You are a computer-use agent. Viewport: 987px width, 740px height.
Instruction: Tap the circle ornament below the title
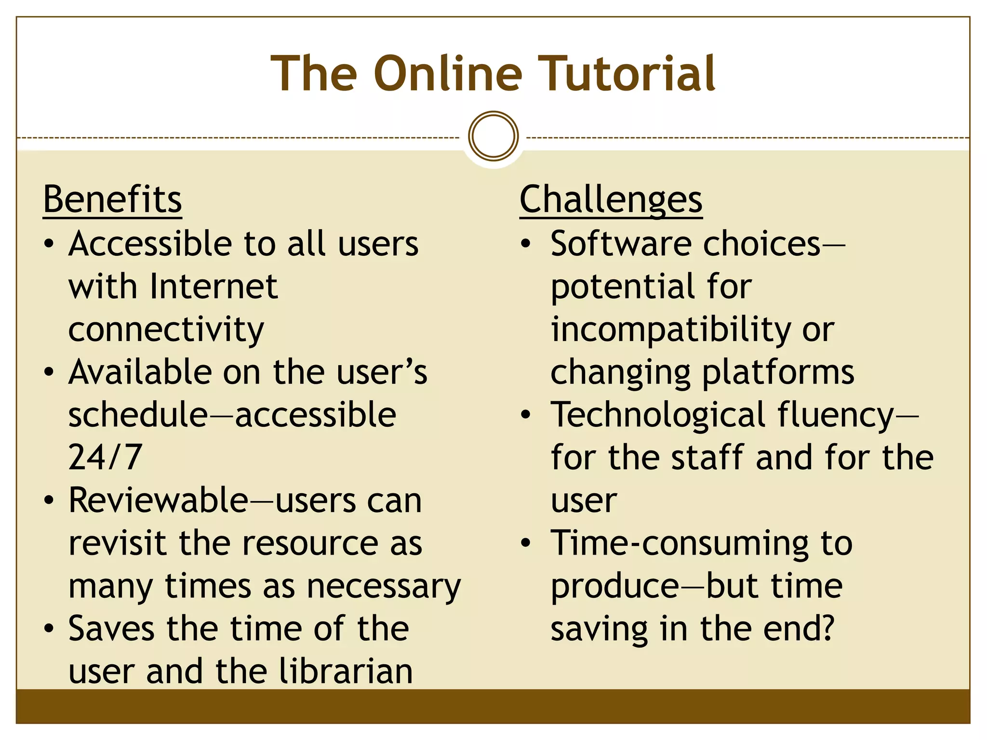[x=493, y=136]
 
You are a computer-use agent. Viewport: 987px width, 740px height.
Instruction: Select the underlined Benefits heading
[x=112, y=199]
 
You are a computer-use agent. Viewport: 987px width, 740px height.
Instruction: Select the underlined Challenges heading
[x=611, y=199]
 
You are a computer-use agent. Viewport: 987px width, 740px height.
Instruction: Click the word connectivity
[x=166, y=330]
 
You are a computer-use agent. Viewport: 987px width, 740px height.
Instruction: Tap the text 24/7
[x=105, y=457]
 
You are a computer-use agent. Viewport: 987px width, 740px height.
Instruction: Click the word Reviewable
[x=158, y=501]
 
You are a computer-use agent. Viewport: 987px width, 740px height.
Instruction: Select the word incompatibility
[x=670, y=330]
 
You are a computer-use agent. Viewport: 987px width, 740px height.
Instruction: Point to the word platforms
[x=778, y=373]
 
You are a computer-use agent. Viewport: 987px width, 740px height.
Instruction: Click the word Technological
[x=658, y=415]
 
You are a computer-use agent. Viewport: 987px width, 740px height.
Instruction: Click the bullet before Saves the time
[x=49, y=629]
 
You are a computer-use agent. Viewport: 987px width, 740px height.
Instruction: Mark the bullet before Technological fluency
[x=526, y=415]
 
